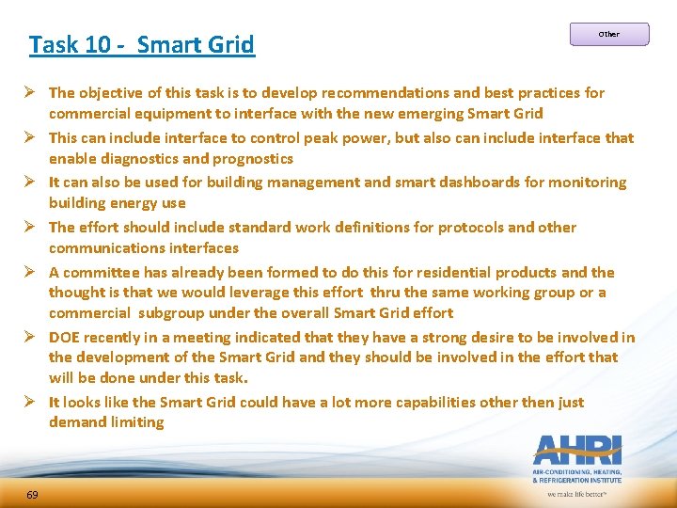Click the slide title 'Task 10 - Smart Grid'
pyautogui.click(x=141, y=44)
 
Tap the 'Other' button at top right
pyautogui.click(x=609, y=35)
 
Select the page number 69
pyautogui.click(x=32, y=495)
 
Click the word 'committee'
pyautogui.click(x=99, y=272)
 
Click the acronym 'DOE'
pyautogui.click(x=64, y=337)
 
